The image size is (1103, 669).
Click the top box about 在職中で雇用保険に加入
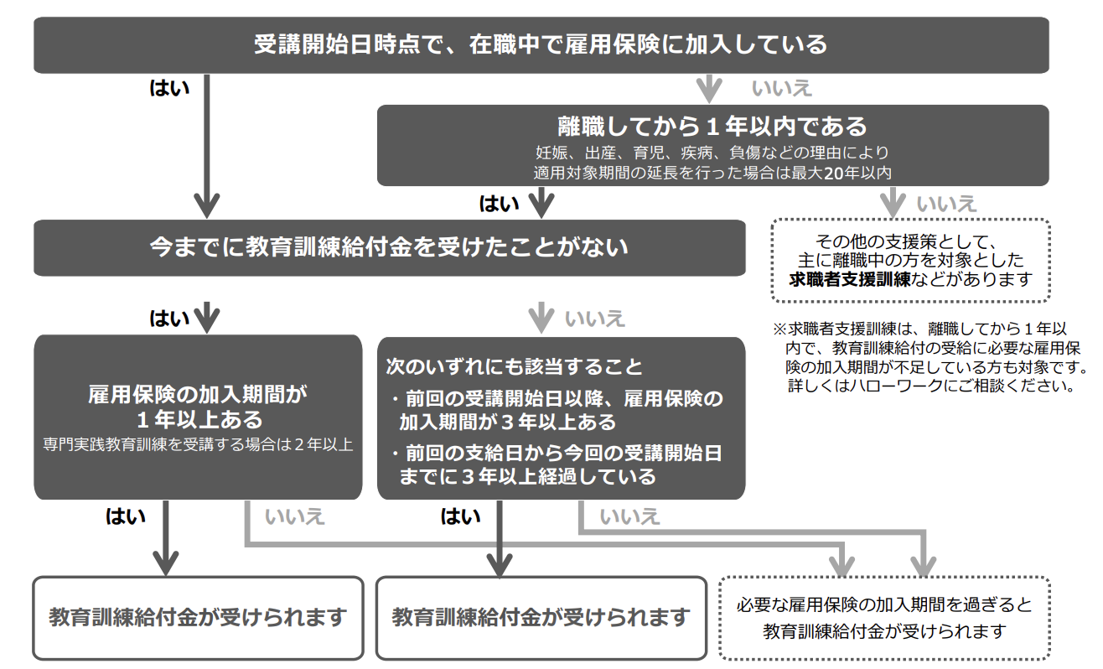click(541, 44)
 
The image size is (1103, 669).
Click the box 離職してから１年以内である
click(712, 127)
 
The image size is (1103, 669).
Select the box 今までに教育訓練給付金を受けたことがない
click(389, 247)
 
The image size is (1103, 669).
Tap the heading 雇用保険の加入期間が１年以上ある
click(198, 406)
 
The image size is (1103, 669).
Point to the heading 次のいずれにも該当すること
click(514, 366)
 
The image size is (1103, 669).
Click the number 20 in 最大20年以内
click(833, 174)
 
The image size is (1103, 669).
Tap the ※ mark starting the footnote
click(779, 328)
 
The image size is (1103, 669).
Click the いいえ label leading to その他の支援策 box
click(947, 203)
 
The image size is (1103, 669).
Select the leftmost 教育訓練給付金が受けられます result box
click(198, 618)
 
